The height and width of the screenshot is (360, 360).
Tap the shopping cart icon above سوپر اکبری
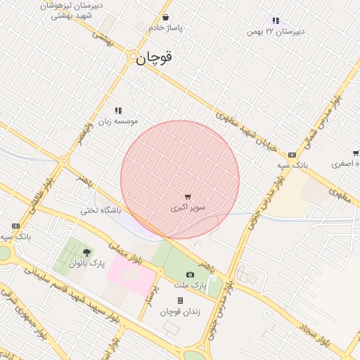click(x=188, y=197)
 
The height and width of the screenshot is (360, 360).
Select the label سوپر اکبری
click(x=188, y=208)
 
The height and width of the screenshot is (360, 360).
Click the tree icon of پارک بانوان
click(x=86, y=252)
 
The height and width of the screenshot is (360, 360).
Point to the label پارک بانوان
click(x=86, y=263)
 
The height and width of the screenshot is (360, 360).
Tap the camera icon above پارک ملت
click(x=190, y=275)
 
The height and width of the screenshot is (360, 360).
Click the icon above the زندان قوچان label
click(x=180, y=300)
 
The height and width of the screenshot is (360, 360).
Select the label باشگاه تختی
click(x=101, y=210)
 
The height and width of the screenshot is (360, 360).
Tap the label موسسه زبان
click(x=119, y=121)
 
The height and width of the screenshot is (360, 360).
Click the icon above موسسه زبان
click(x=118, y=110)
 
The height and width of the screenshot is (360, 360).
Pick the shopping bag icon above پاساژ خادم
click(x=165, y=17)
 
